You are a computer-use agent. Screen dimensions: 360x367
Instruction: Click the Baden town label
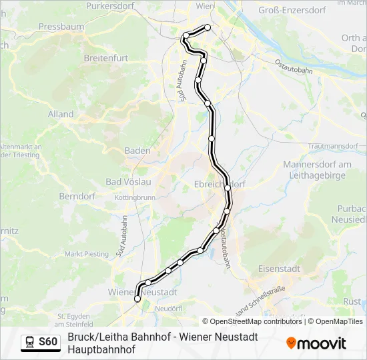[x=137, y=151]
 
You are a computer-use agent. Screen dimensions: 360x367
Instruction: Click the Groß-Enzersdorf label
[x=292, y=10]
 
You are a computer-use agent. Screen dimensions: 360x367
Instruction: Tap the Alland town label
[x=61, y=114]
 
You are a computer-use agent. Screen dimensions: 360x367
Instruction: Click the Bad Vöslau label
[x=129, y=181]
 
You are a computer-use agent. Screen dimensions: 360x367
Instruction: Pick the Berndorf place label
[x=77, y=197]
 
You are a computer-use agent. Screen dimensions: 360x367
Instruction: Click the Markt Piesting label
[x=86, y=254]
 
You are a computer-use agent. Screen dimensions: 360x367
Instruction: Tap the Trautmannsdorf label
[x=334, y=145]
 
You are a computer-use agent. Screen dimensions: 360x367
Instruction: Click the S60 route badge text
[x=48, y=342]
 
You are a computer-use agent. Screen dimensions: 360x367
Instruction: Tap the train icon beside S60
[x=30, y=342]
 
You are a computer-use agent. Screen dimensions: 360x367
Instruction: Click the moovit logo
[x=316, y=343]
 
